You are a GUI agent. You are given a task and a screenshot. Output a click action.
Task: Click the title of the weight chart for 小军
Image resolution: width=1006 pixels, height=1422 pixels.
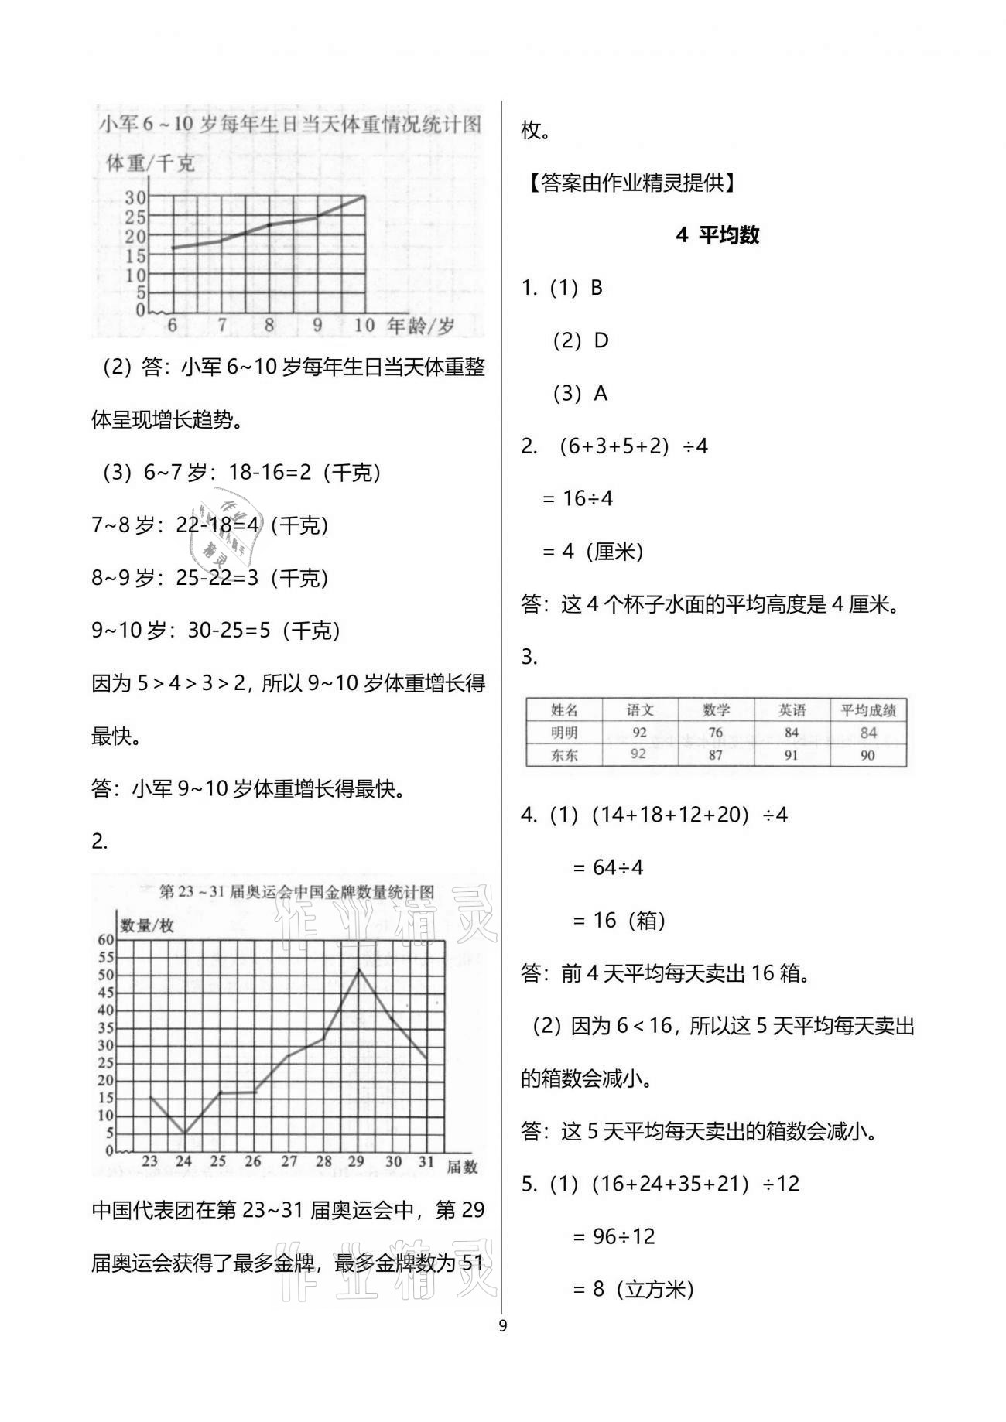tap(290, 125)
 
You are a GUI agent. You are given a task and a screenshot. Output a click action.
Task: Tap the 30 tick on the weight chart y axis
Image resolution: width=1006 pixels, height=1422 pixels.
tap(135, 197)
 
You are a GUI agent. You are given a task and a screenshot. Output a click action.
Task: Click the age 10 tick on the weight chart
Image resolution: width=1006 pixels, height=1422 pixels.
tap(364, 326)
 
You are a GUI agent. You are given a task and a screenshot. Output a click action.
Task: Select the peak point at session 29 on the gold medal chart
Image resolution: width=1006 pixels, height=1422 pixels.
tap(358, 969)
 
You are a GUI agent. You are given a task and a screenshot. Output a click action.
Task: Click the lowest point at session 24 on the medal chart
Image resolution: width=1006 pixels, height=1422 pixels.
tap(184, 1133)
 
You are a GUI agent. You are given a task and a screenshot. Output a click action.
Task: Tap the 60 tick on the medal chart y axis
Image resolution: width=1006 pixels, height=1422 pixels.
tap(104, 940)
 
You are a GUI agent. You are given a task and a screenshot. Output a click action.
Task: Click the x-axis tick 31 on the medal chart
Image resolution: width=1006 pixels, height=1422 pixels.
tap(426, 1161)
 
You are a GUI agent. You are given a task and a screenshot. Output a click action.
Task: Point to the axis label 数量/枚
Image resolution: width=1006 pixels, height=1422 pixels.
tap(147, 926)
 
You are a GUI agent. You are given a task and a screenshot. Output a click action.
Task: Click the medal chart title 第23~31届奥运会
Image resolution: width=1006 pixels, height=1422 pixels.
tap(296, 892)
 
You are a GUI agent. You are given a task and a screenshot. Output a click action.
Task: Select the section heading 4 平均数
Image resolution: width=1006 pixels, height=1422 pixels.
tap(717, 235)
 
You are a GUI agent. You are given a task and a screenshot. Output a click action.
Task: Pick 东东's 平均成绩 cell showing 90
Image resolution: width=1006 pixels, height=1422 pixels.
tap(867, 755)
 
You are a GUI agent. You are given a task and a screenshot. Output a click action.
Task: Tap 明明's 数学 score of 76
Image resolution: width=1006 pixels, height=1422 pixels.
tap(716, 733)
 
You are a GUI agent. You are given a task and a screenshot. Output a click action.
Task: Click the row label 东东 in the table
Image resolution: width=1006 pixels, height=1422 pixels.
tap(564, 755)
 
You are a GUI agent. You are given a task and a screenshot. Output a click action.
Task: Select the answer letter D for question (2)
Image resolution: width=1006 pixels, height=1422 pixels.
tap(601, 340)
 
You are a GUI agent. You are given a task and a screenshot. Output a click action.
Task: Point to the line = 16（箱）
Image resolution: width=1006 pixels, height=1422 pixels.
tap(618, 920)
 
